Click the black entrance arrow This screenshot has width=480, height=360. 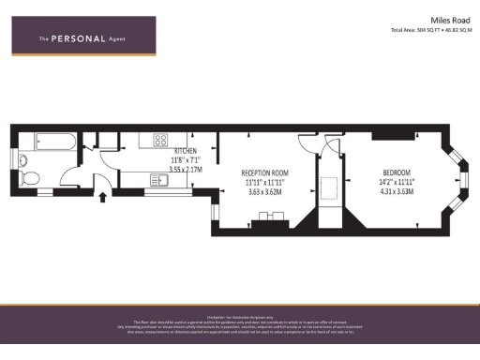point(102,196)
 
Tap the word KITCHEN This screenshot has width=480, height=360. point(185,150)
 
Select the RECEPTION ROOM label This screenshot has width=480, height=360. point(264,173)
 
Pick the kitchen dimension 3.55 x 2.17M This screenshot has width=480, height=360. point(185,170)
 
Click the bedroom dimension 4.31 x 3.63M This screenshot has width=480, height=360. point(398,192)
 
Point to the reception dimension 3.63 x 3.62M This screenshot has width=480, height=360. point(264,192)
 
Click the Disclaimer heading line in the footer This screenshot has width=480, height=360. point(239,316)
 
